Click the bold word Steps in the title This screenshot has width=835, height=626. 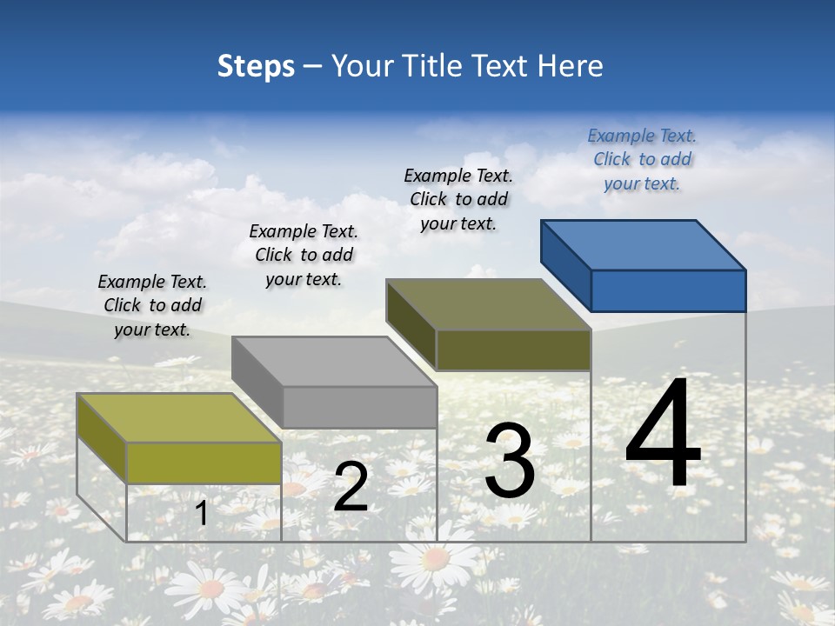[256, 66]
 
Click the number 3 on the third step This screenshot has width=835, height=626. [510, 461]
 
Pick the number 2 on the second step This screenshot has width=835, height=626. [351, 487]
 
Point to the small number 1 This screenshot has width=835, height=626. [202, 513]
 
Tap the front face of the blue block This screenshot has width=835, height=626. [668, 290]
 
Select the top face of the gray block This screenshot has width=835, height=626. [332, 362]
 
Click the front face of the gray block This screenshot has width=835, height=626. [359, 407]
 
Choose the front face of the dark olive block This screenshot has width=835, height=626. [513, 350]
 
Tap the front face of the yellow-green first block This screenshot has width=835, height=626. [204, 463]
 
